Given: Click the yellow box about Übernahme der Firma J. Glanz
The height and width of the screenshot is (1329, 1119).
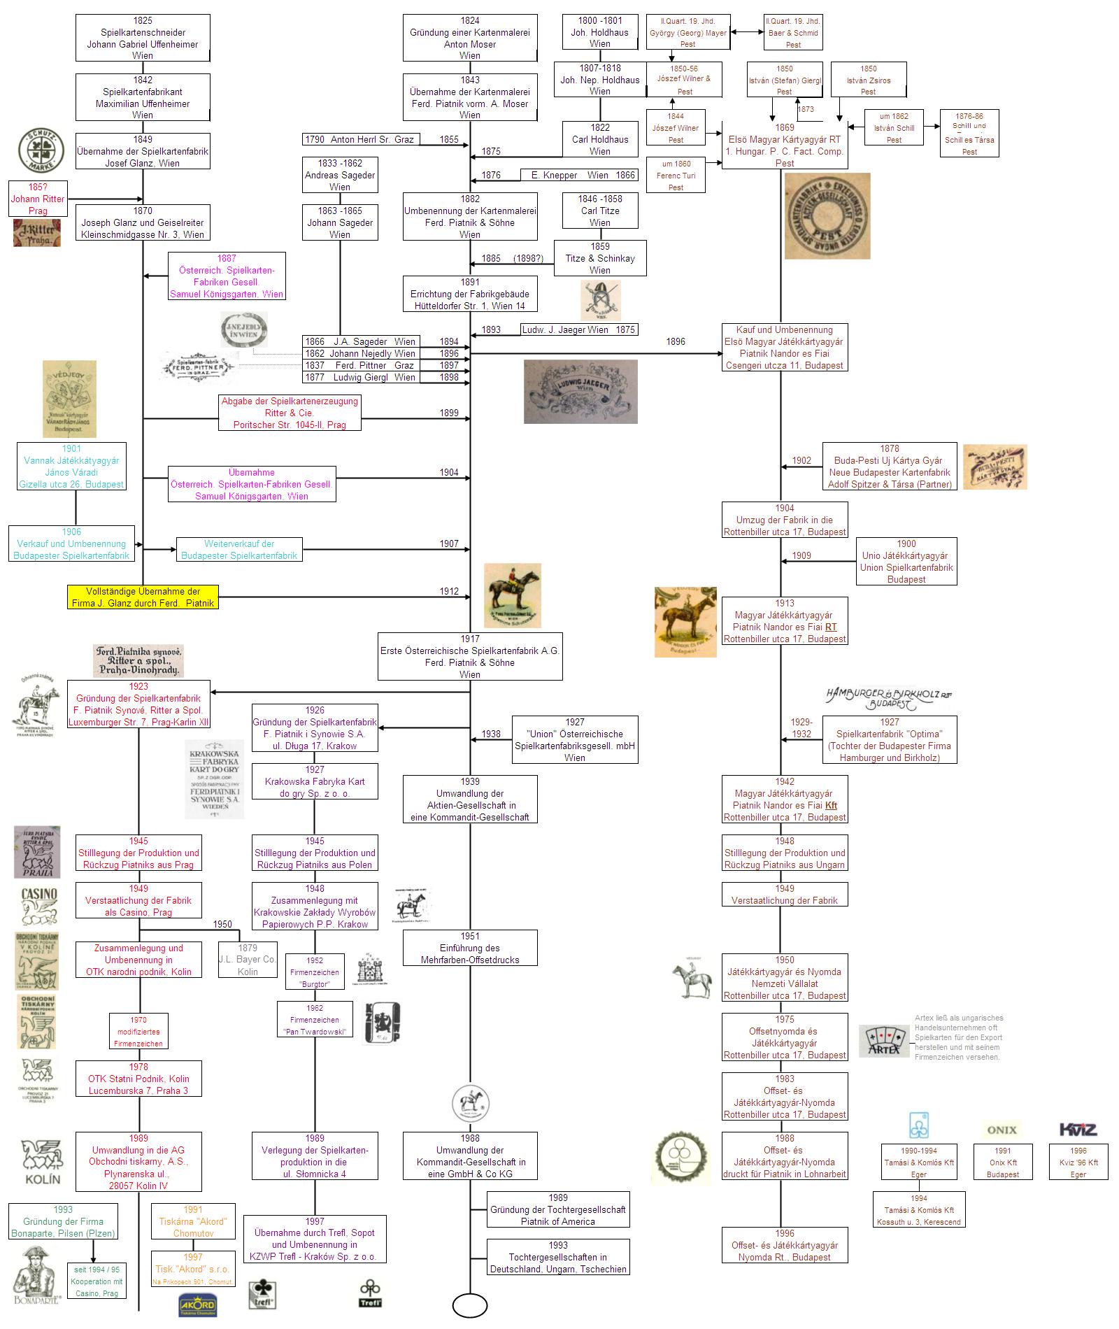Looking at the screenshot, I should point(143,597).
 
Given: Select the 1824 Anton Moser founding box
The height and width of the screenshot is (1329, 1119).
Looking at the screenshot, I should point(470,38).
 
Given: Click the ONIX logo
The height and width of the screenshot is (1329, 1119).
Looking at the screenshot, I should point(1002,1130).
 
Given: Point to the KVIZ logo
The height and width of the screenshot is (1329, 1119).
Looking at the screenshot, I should point(1078,1130).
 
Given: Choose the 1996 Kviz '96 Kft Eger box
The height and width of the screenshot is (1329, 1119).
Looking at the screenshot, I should point(1078,1162).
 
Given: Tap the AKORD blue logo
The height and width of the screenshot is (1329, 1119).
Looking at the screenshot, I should point(197,1306).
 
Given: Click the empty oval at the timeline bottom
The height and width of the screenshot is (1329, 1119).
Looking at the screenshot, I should point(470,1305).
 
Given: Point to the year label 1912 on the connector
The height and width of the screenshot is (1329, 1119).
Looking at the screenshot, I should point(449,591).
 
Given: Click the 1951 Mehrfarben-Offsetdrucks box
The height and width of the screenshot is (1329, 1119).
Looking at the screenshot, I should point(470,948).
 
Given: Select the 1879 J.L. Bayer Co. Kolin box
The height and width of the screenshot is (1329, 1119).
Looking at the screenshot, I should point(248,960).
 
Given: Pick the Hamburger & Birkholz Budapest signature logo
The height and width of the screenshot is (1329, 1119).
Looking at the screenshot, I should point(888,697).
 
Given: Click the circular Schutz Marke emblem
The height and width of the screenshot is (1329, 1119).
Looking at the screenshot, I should point(41,151).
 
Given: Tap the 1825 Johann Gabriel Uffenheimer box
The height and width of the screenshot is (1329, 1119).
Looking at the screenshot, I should point(143,38).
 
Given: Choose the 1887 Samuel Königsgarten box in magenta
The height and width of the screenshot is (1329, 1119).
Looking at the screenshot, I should point(227,276).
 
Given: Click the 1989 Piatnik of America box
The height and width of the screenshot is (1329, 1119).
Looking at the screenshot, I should point(557,1209).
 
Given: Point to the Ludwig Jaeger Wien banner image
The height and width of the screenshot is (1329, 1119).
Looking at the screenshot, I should point(580,392).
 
